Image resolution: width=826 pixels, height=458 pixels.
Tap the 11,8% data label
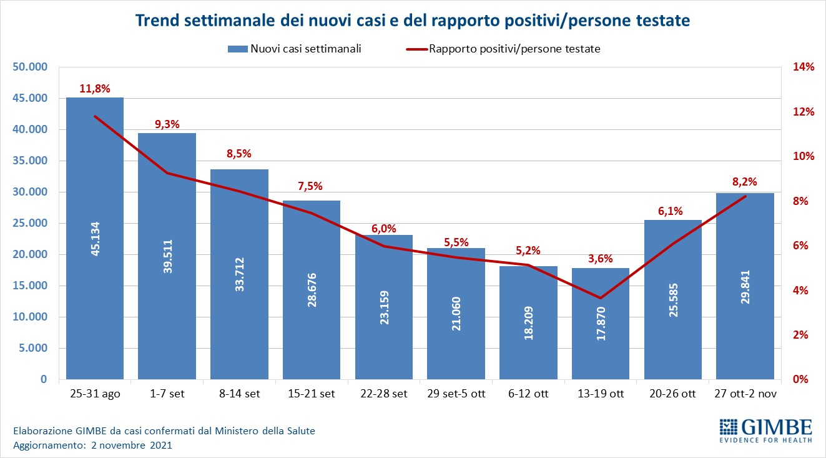click(95, 89)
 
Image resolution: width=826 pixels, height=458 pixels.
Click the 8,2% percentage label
click(745, 182)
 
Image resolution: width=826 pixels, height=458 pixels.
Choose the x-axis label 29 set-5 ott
click(456, 394)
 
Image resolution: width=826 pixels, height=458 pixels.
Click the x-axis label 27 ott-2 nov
click(745, 394)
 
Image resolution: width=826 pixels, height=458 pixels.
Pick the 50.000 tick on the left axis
click(29, 67)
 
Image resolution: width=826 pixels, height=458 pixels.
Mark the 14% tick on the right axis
click(804, 67)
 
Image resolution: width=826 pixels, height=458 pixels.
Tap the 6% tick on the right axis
click(801, 246)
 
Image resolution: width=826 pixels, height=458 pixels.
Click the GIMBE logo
click(765, 429)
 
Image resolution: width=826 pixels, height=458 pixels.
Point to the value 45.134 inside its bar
click(95, 238)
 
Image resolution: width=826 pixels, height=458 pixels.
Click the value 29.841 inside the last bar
click(745, 286)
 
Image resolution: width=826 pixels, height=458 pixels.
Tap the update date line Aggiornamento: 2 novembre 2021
click(92, 446)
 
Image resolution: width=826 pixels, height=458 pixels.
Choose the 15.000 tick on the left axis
click(29, 286)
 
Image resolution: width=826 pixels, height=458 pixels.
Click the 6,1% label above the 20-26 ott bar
click(673, 211)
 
